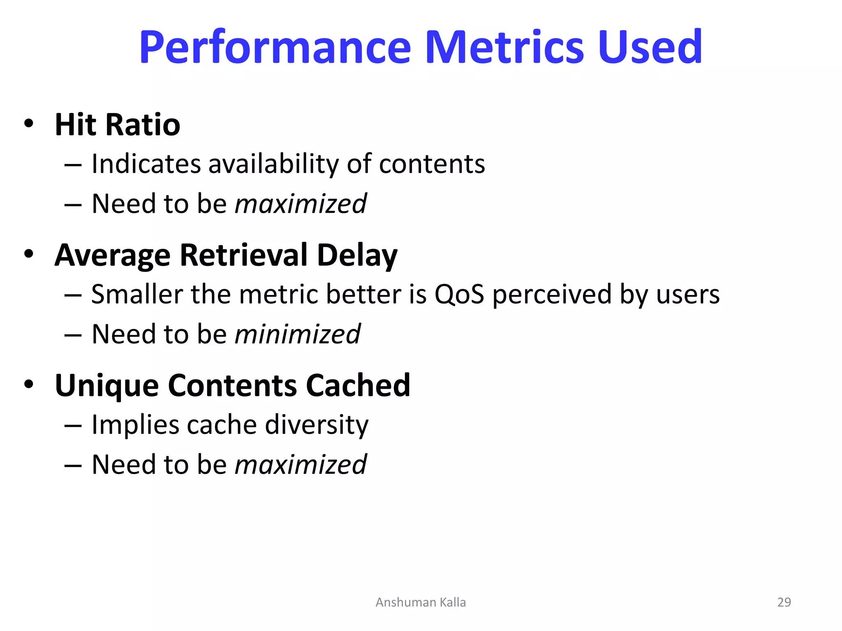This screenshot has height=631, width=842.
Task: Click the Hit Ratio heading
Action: click(117, 124)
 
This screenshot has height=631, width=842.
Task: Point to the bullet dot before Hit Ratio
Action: click(28, 123)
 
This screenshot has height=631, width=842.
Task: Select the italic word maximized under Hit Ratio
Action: click(301, 204)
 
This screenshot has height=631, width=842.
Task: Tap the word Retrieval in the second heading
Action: click(243, 255)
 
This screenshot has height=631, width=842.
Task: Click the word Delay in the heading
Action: click(357, 256)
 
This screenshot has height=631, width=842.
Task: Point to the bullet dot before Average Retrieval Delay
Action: click(28, 253)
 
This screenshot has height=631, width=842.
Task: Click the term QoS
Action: click(459, 295)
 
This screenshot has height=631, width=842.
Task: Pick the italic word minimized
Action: click(297, 334)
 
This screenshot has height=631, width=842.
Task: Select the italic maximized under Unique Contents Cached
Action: click(301, 465)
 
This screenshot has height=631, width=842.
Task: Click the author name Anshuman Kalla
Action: click(421, 602)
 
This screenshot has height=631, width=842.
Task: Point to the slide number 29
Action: click(784, 602)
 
